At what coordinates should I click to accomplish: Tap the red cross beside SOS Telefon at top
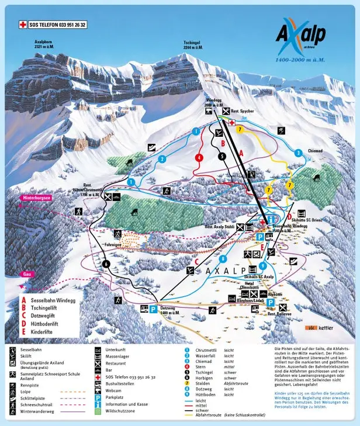pos(23,25)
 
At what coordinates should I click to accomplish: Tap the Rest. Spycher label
pos(242,112)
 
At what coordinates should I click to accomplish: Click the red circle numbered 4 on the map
pos(199,157)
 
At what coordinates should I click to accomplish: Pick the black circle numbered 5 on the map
pos(221,156)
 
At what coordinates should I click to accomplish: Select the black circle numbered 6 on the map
pos(106,264)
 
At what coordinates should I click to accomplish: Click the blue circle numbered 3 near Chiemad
pos(298,153)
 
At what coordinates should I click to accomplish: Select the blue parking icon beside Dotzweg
pos(153,309)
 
